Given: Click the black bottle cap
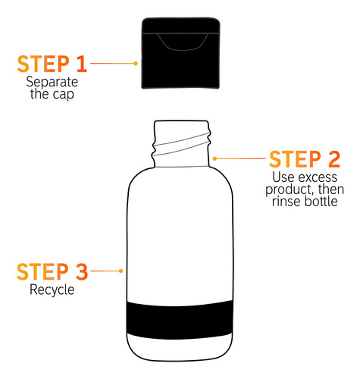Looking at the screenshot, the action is [x=180, y=53].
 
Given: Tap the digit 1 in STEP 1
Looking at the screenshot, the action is [x=82, y=64].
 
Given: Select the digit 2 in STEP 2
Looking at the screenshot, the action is [x=334, y=159].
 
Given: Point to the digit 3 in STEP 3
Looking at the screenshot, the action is [x=82, y=271].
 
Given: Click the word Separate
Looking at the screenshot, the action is [x=52, y=83].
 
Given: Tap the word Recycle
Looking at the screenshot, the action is [x=52, y=290].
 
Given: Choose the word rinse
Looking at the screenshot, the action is [x=286, y=202].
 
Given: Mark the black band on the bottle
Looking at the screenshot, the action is [x=180, y=319].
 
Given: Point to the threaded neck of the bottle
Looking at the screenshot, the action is [x=181, y=144].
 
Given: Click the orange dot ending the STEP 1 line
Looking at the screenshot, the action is [x=136, y=64].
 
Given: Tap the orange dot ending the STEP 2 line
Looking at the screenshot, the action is [x=214, y=158].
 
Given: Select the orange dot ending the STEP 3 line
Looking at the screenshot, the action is [x=121, y=271].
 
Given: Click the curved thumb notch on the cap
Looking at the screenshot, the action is [x=183, y=42].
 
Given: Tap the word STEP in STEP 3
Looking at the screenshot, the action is [x=42, y=271].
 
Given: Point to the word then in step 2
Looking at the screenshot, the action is [x=331, y=189].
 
